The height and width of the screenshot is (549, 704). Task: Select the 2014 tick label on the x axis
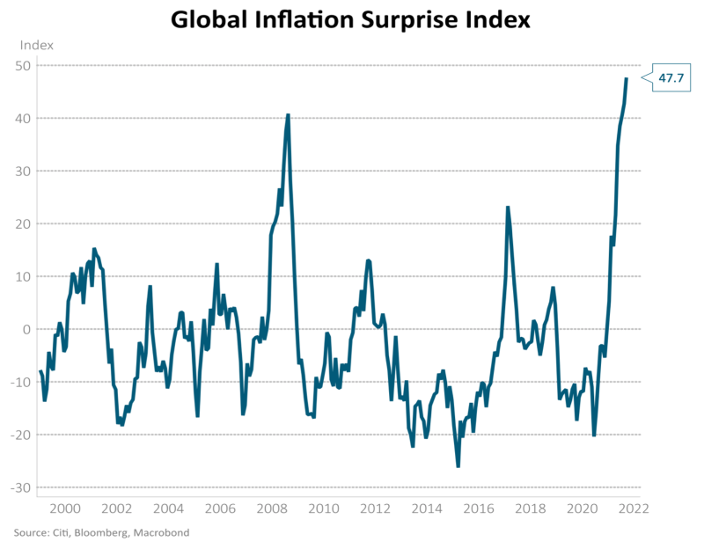click(427, 509)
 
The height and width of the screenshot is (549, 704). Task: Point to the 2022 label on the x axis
click(634, 509)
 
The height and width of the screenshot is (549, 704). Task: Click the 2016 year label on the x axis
click(479, 509)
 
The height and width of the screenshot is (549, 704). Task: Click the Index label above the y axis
click(36, 45)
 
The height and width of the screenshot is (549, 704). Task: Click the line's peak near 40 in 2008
click(288, 114)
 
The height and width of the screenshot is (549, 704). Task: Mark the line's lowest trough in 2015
click(458, 466)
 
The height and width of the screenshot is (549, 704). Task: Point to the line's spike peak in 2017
click(508, 207)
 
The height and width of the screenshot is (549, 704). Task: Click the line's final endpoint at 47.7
click(627, 78)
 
